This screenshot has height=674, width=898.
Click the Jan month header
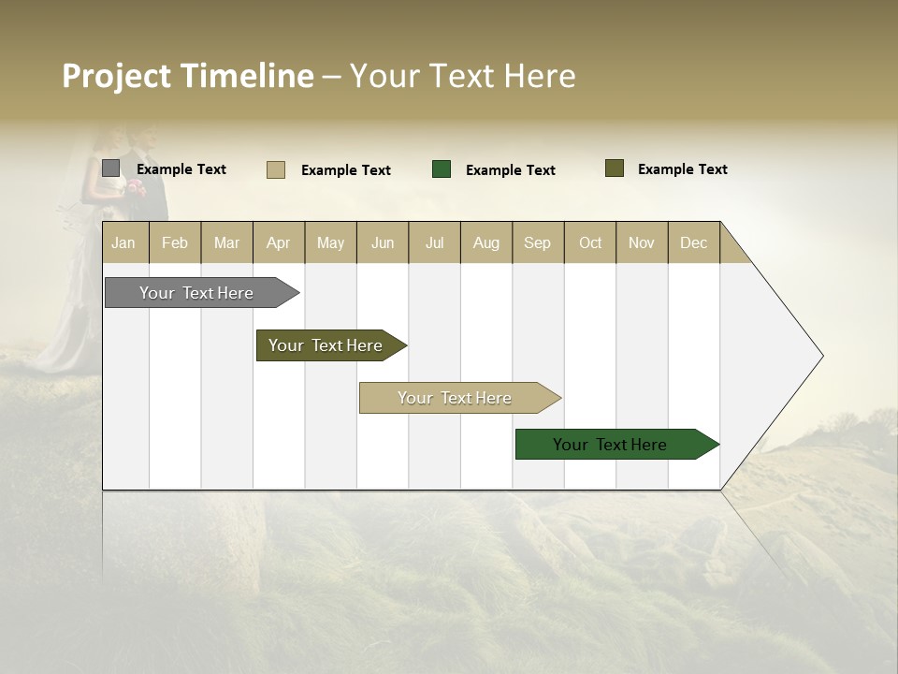(123, 243)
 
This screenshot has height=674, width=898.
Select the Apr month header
(278, 243)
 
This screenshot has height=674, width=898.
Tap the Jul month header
(434, 243)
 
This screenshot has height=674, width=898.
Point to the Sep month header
(537, 243)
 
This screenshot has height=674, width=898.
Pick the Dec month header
(693, 243)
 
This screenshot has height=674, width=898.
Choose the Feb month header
(175, 243)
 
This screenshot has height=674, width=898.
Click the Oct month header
(590, 243)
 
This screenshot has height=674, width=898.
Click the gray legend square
(111, 168)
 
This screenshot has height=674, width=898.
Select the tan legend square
(276, 169)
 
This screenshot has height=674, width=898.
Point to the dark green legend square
(442, 169)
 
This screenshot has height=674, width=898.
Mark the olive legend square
(615, 168)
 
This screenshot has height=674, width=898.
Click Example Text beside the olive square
(682, 169)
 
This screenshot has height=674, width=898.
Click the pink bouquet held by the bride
(137, 186)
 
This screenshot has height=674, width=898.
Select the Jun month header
(383, 243)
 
